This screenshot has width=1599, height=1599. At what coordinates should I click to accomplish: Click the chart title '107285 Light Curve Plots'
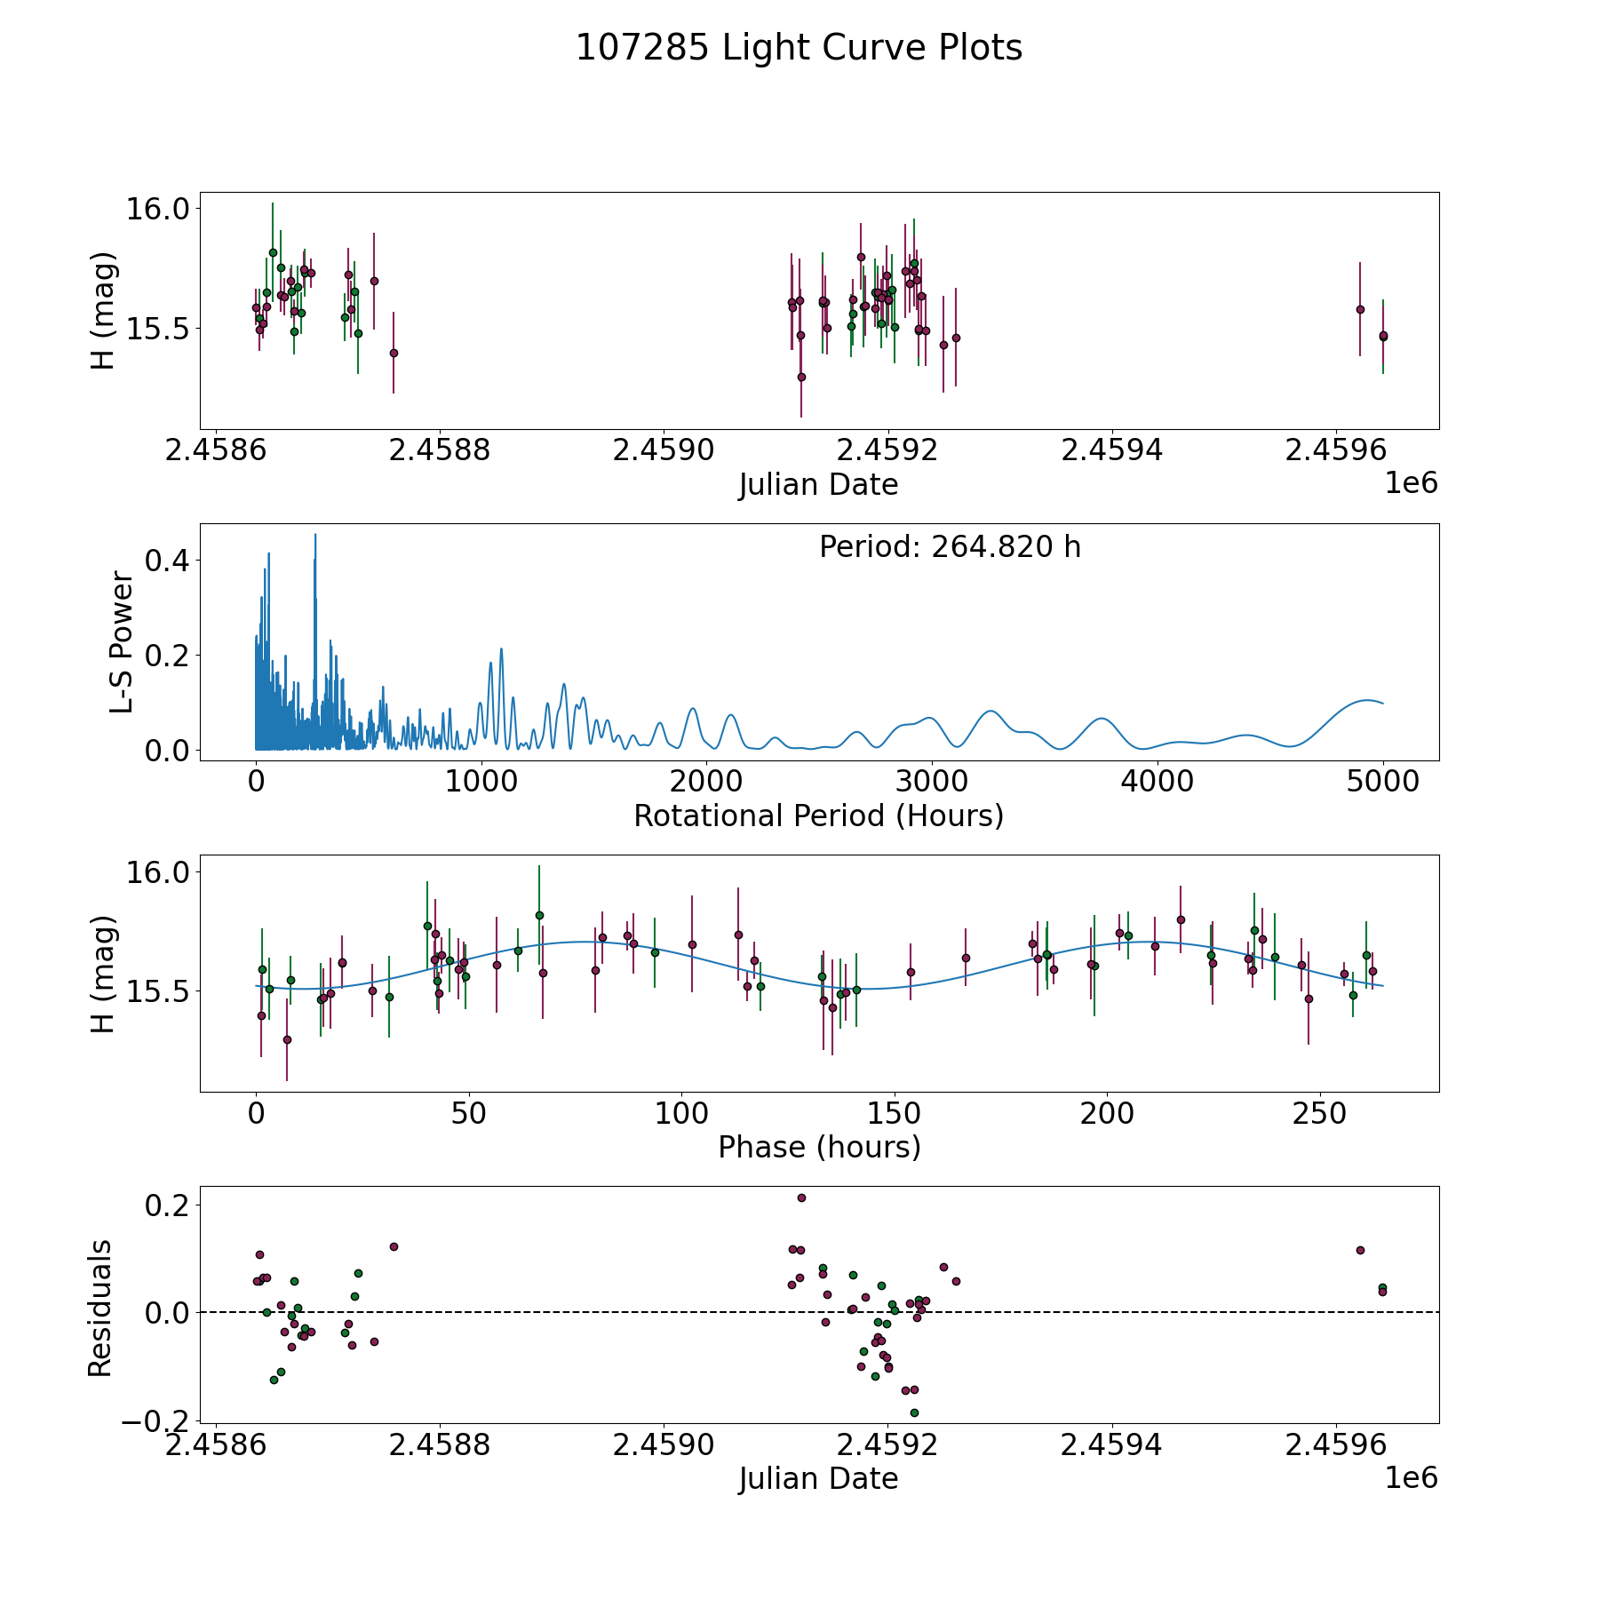(799, 48)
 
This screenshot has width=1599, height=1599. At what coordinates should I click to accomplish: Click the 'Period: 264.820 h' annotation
(950, 547)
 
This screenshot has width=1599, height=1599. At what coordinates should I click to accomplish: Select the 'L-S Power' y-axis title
(122, 642)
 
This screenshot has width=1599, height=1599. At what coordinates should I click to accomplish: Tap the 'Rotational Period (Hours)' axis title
(818, 815)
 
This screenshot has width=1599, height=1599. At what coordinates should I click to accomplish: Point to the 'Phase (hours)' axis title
(819, 1147)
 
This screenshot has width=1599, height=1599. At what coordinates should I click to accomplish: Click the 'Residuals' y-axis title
(100, 1309)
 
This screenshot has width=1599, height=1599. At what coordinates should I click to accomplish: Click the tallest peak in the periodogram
(315, 534)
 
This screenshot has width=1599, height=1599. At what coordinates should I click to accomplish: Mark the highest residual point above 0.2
(801, 1197)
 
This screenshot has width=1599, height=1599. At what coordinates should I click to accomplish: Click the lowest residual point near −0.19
(914, 1412)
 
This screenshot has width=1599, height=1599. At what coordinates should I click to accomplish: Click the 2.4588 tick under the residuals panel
(441, 1444)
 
